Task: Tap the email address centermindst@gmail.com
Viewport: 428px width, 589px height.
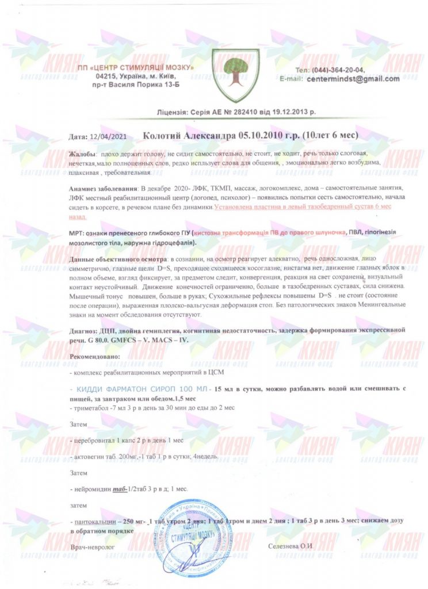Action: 353,78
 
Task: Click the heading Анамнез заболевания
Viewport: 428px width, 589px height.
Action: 104,189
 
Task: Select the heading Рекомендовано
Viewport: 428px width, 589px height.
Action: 94,357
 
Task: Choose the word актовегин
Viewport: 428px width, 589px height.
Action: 89,457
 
